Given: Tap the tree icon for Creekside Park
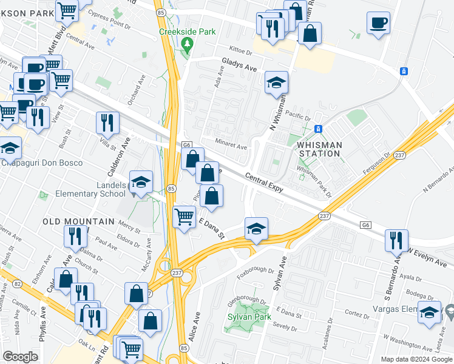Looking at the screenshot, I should [188, 44].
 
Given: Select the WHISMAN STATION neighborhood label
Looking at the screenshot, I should [319, 149].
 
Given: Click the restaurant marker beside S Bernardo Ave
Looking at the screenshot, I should [396, 239].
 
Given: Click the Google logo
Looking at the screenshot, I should [20, 357].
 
